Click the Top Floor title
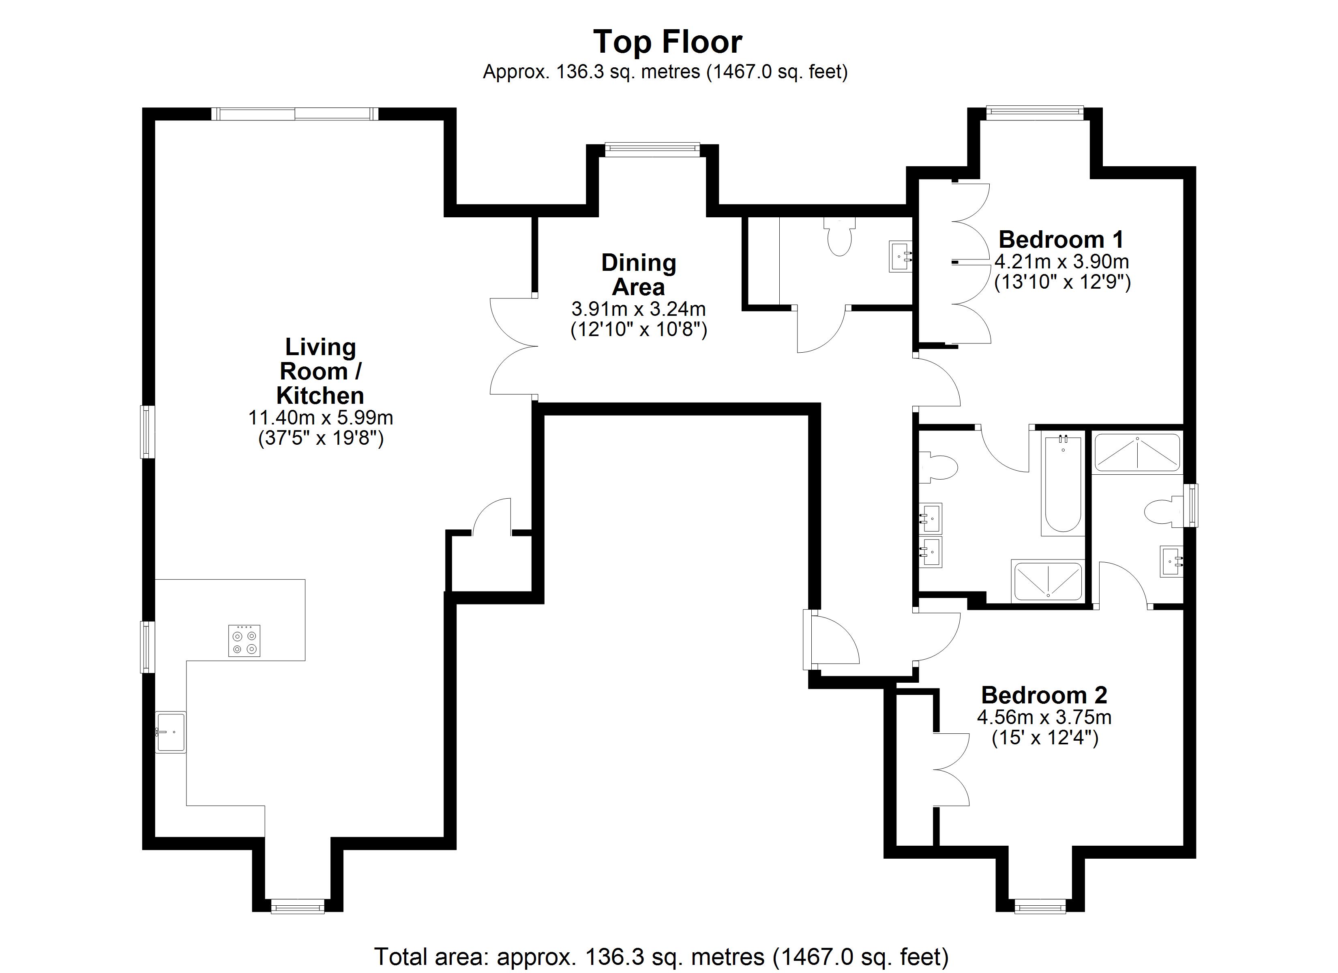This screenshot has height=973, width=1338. (667, 43)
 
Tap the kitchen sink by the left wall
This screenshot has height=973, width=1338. (171, 732)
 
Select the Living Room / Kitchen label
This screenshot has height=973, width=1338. (320, 371)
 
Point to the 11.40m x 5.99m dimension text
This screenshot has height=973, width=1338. (320, 418)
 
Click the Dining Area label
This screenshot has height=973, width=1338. (638, 275)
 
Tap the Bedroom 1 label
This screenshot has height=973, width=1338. (1061, 240)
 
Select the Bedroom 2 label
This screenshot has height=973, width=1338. (1044, 695)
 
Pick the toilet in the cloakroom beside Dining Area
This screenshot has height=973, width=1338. (840, 236)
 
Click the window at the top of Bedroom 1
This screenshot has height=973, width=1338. (1034, 112)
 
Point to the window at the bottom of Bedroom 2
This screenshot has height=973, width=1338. (1040, 906)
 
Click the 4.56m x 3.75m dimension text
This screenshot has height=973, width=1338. (1044, 718)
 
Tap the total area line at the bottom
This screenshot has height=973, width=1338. (661, 956)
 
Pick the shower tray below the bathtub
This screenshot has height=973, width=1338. (1048, 581)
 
